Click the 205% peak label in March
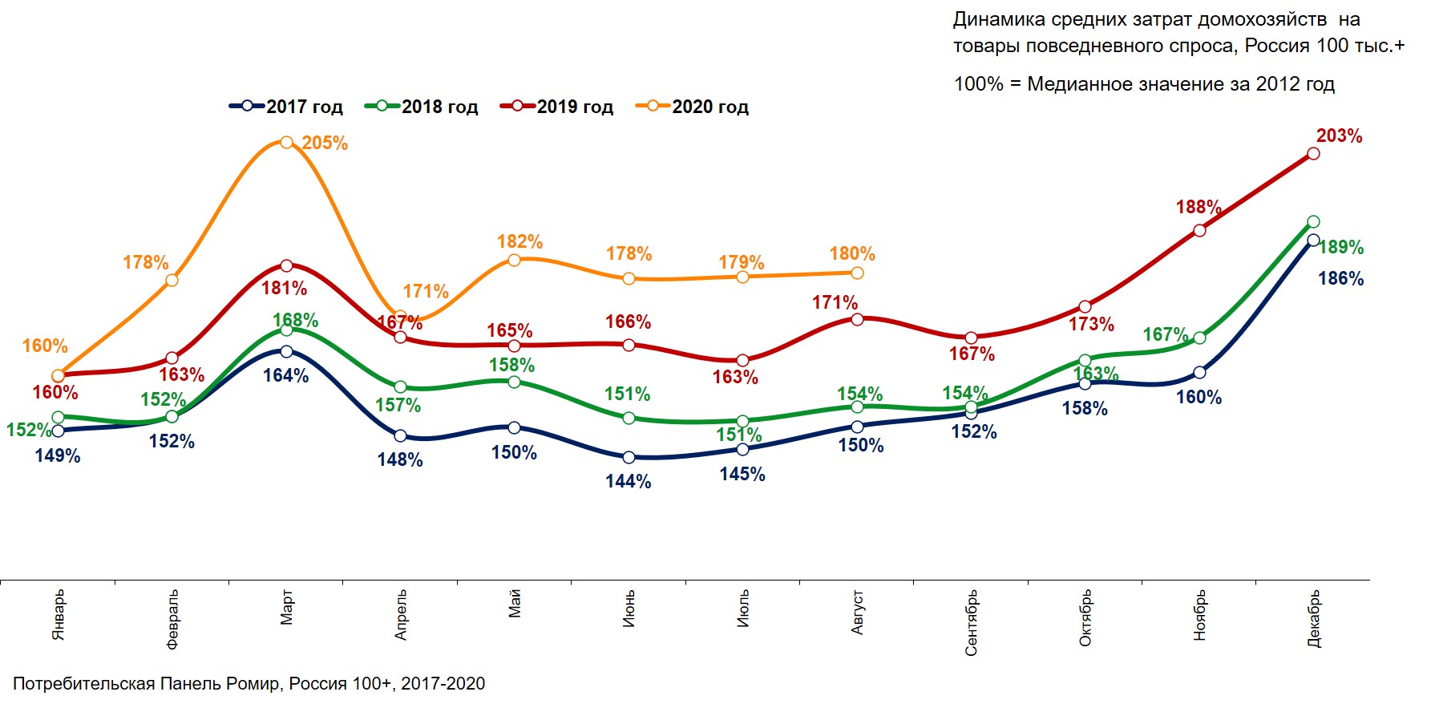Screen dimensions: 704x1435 tap(325, 144)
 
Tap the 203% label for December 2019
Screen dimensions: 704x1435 tap(1339, 136)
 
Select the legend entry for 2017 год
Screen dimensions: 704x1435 tap(286, 107)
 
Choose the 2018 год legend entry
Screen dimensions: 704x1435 tap(422, 107)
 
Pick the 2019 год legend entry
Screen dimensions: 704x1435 tap(557, 107)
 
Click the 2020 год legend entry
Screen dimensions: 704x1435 tap(693, 107)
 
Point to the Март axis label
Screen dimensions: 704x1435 tap(287, 607)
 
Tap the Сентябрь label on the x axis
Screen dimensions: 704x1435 tap(971, 623)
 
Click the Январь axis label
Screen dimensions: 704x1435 tap(59, 615)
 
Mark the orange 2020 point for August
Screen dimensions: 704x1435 tap(857, 273)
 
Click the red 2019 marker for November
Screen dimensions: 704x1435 tap(1199, 231)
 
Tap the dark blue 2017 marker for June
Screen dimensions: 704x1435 tap(629, 458)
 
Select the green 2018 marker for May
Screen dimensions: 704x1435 tap(515, 382)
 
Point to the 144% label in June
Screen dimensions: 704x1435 tap(629, 482)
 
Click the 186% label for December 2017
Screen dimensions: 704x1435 tap(1340, 279)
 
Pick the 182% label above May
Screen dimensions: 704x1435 tap(519, 242)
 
